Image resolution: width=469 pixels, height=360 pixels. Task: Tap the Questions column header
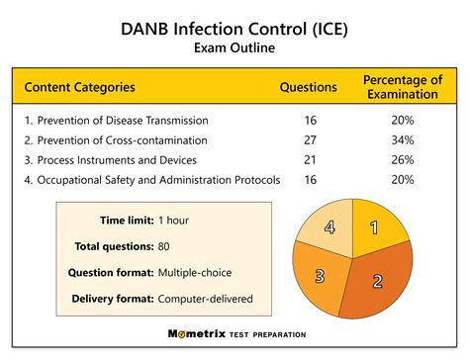310,88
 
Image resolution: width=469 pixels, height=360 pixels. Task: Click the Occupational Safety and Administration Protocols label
152,180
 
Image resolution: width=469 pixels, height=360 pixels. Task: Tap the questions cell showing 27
310,139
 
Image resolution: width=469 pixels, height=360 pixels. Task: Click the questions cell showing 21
310,159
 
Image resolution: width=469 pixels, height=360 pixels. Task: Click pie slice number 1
374,227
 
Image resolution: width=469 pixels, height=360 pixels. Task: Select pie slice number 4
329,227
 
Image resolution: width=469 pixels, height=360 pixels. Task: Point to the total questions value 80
165,245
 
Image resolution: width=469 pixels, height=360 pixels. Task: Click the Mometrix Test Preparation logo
234,334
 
